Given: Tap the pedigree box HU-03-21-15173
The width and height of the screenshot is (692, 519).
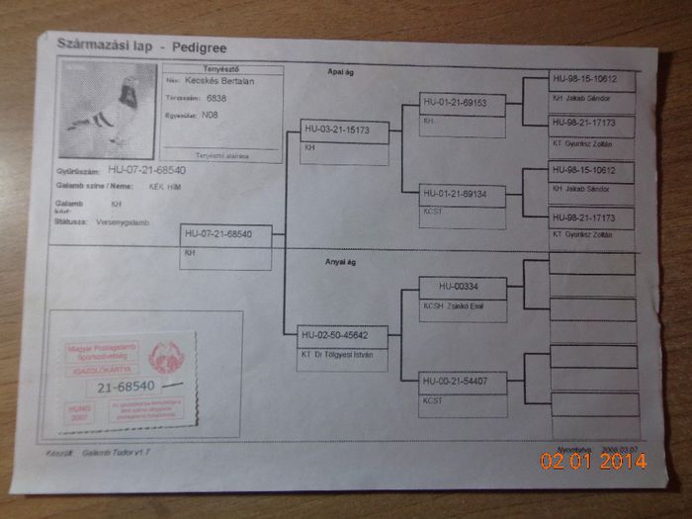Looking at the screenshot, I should click(x=337, y=130).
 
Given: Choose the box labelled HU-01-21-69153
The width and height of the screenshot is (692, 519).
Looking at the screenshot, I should click(x=456, y=102).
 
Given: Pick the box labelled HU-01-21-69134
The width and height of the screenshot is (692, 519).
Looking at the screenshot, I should click(x=455, y=194).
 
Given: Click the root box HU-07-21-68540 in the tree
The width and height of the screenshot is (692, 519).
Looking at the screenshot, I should click(x=218, y=234).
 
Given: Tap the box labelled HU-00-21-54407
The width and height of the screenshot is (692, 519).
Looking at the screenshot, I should click(x=457, y=381).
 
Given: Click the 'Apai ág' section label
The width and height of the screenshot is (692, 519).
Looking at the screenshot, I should click(x=341, y=72).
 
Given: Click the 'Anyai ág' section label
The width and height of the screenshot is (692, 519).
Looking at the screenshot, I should click(x=341, y=262).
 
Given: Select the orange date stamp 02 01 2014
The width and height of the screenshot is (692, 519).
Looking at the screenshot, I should click(x=593, y=461).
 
